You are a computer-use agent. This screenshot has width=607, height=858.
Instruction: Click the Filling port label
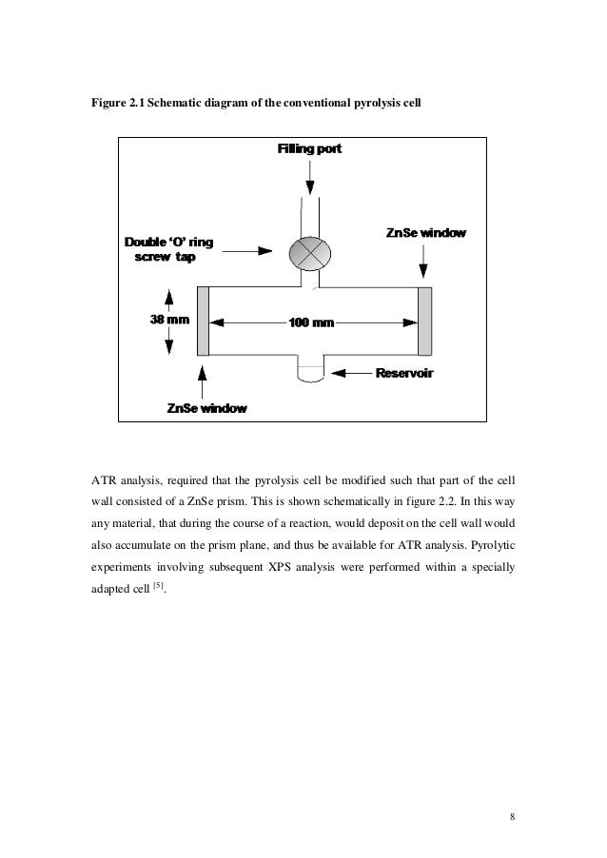(x=309, y=150)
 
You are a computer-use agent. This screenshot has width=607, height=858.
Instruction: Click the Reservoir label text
(x=405, y=373)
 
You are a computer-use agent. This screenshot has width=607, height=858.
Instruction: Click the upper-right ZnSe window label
(x=425, y=233)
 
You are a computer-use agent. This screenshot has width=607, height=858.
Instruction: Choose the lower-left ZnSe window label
(x=206, y=408)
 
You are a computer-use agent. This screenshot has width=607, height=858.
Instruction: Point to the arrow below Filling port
(x=310, y=177)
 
